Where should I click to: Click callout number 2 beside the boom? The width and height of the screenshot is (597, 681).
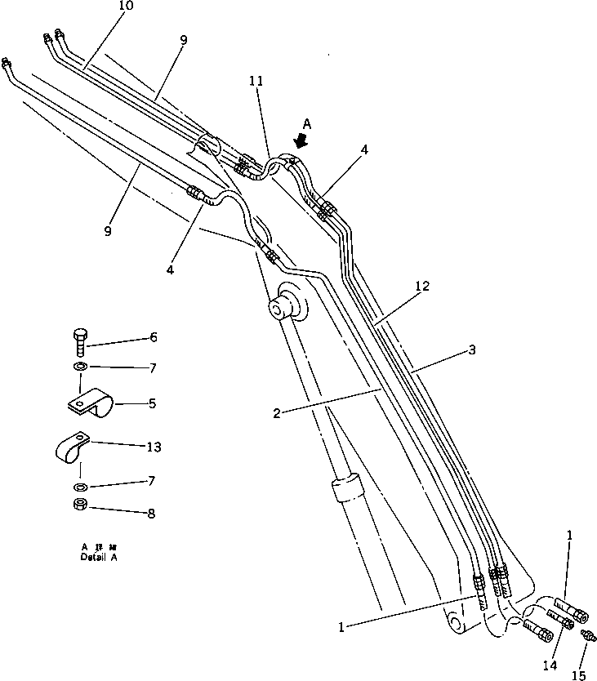(x=277, y=413)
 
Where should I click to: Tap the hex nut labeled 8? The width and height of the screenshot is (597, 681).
(x=81, y=505)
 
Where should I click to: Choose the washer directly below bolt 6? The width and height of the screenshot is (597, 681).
(x=80, y=366)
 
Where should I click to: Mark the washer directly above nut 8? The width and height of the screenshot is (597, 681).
(x=79, y=487)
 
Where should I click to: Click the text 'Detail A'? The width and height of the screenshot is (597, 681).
(x=100, y=558)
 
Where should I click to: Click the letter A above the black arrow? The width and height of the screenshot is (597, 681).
(x=306, y=123)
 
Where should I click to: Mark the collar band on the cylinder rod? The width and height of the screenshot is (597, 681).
(x=345, y=488)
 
